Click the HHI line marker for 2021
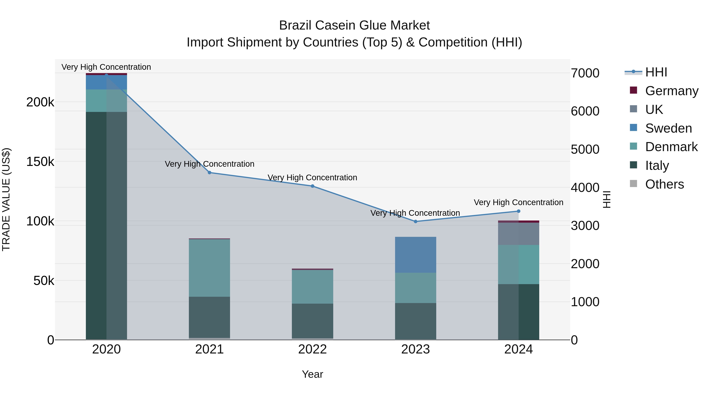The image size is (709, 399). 210,173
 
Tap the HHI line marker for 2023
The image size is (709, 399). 416,221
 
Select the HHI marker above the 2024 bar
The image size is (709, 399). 519,211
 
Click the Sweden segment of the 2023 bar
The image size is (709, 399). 416,255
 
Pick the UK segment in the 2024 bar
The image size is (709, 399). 519,234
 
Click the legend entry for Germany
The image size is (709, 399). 672,91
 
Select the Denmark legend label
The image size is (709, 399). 671,147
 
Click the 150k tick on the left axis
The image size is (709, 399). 40,162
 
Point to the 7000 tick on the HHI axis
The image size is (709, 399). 585,73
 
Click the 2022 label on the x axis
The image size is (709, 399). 312,349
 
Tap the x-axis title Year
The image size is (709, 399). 312,374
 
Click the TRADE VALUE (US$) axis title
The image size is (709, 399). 6,199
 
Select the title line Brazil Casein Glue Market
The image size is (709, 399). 354,25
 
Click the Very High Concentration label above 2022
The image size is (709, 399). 312,178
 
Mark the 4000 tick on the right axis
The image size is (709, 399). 585,188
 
